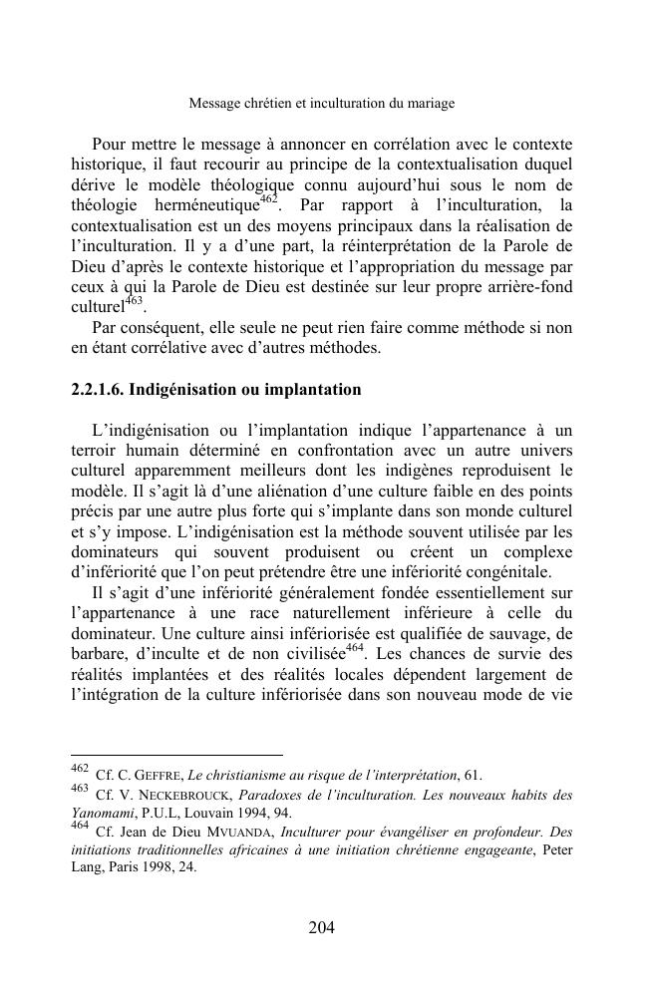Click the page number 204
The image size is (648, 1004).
tap(321, 928)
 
